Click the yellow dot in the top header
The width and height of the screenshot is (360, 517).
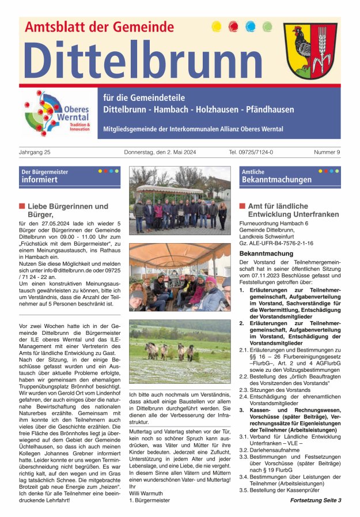[x=217, y=27]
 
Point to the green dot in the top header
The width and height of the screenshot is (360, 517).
[x=267, y=27]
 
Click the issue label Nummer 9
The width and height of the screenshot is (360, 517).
[x=327, y=153]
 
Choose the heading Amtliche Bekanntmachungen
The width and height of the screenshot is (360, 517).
[x=276, y=176]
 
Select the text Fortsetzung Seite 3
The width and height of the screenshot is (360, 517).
[x=315, y=500]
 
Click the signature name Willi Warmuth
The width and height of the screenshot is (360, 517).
[x=147, y=493]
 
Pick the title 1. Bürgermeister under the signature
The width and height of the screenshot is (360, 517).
[x=150, y=500]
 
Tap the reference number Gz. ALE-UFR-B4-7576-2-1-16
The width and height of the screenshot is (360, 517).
[x=276, y=243]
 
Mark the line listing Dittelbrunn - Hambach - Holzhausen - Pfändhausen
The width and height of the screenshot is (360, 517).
[x=198, y=110]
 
